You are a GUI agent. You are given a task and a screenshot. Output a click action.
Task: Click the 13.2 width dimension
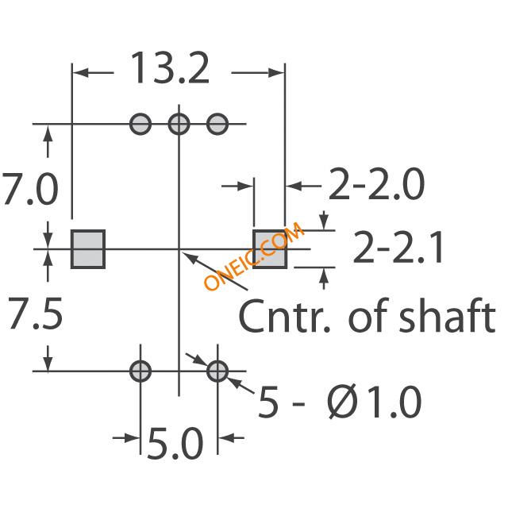(x=169, y=68)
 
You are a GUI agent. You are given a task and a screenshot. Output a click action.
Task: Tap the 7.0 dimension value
(x=30, y=189)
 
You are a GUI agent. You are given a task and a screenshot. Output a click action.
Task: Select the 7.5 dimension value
(x=35, y=313)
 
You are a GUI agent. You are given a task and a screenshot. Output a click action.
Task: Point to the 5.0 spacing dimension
(x=175, y=443)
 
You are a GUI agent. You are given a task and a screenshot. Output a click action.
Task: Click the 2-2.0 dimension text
(x=376, y=184)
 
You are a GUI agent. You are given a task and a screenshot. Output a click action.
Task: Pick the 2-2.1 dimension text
(x=398, y=247)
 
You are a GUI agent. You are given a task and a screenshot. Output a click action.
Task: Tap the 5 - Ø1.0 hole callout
(x=340, y=402)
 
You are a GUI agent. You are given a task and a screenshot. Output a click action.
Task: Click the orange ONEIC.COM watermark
(x=254, y=256)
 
